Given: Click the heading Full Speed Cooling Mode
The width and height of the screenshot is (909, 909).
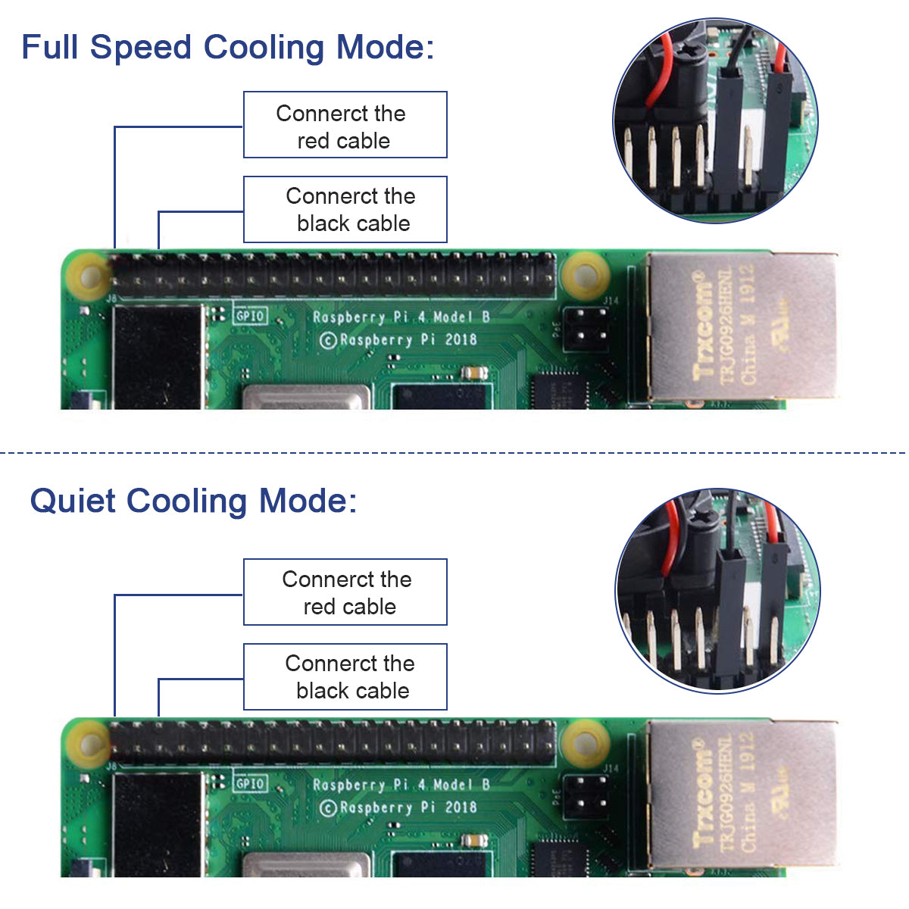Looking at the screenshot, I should (x=227, y=47).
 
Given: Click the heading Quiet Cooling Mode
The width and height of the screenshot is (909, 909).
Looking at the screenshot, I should (x=193, y=501).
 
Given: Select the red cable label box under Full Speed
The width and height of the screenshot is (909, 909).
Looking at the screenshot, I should (x=345, y=125).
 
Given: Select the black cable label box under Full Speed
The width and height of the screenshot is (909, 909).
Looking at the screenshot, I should (x=345, y=210).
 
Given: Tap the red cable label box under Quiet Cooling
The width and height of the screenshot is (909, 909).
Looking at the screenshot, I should (x=345, y=592).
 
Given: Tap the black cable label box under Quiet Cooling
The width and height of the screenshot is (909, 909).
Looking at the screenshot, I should (x=345, y=677).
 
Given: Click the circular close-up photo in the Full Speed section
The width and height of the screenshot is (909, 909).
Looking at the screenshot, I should (x=715, y=121).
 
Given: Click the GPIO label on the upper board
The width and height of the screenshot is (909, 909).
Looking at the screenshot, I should (x=250, y=315).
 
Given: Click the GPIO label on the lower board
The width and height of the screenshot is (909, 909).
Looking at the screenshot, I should (x=250, y=783).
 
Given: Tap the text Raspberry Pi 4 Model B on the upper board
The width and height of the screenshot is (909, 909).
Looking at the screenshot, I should (x=401, y=317).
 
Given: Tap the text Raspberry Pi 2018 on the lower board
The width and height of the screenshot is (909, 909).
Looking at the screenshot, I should (x=398, y=807).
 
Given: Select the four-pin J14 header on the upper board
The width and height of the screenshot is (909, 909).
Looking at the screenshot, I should (x=586, y=327).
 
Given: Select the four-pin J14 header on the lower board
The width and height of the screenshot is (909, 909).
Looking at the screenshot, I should (x=586, y=795).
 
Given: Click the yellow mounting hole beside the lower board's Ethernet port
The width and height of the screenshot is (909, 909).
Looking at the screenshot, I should (x=586, y=742).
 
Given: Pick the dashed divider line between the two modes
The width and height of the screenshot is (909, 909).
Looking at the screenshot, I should (x=454, y=453).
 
